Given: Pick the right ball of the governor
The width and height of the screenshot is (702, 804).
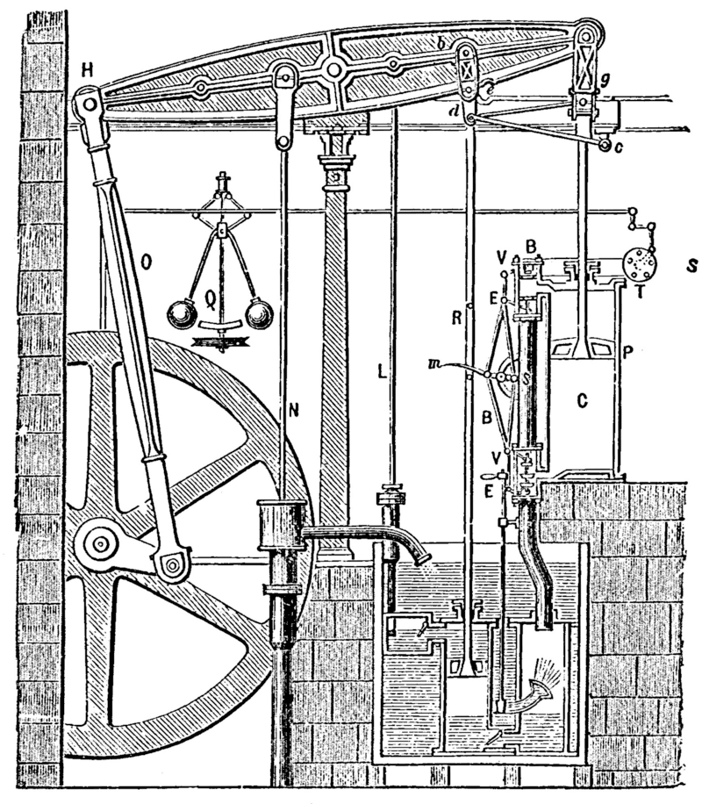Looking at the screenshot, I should tap(259, 312).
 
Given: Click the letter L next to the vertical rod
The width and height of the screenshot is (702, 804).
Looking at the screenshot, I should tap(381, 370).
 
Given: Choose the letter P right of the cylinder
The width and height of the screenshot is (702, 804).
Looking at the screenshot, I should tap(627, 351).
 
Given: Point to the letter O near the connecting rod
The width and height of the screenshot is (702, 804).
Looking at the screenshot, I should tap(146, 260).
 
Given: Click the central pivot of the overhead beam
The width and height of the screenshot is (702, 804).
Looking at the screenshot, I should tap(332, 69).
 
